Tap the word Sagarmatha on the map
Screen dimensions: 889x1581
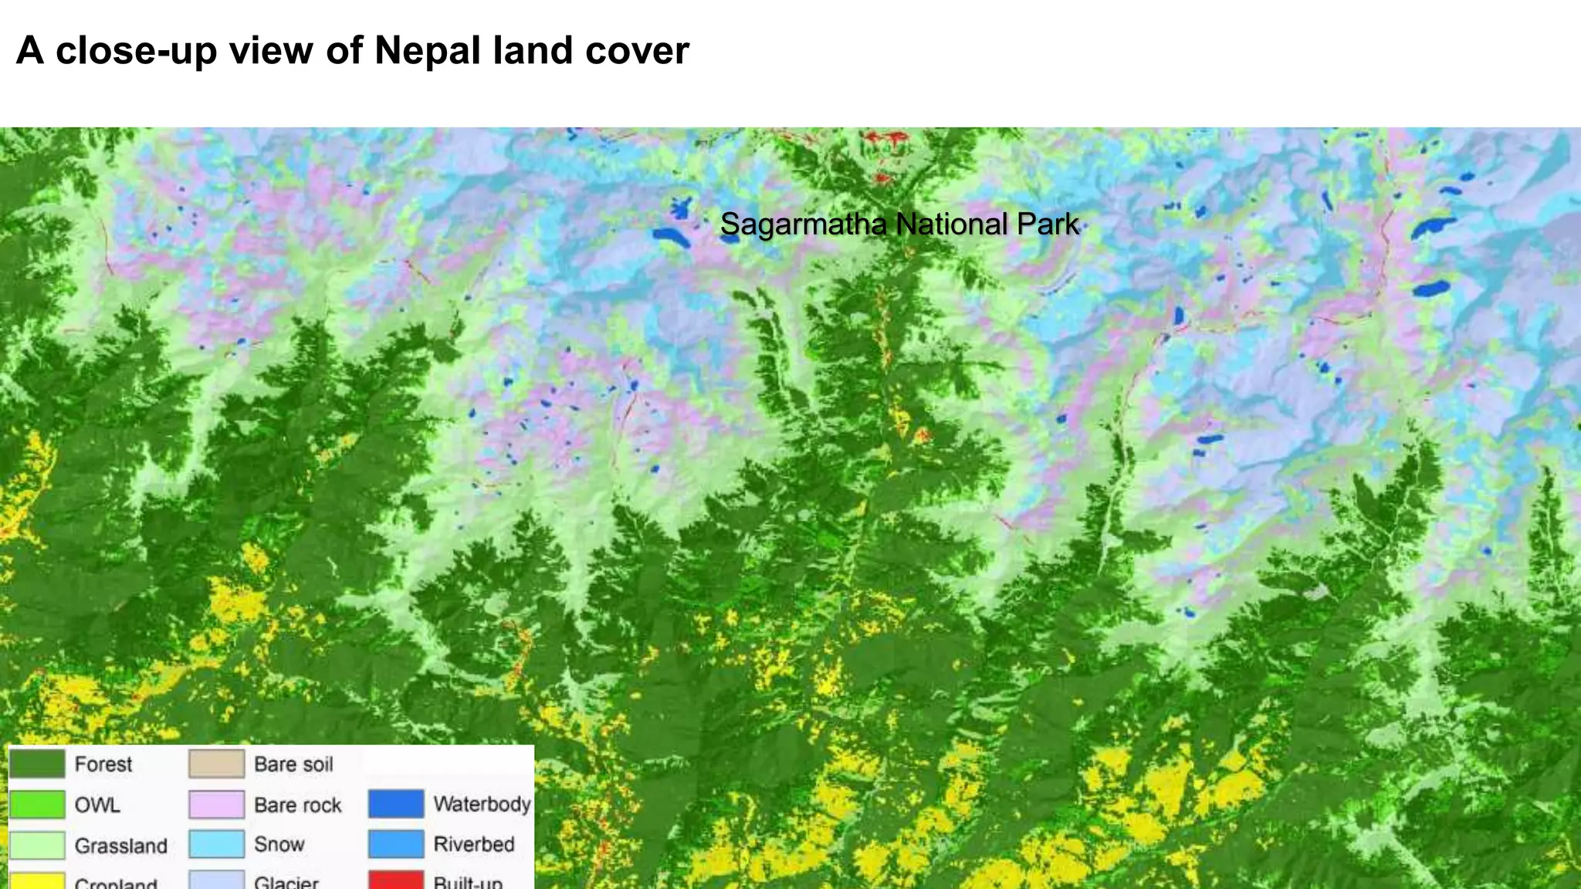point(803,225)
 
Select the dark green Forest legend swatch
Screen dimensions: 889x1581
point(37,764)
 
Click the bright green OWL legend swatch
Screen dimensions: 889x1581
point(37,805)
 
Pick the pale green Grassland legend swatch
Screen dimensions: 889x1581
point(37,845)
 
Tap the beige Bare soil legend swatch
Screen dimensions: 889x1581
point(217,764)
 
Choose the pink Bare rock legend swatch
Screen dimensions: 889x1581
point(217,805)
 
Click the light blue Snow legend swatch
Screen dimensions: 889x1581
point(217,844)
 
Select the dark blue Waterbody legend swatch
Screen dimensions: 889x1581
point(396,803)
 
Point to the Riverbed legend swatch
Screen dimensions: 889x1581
point(396,844)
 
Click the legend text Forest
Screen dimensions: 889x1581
point(103,764)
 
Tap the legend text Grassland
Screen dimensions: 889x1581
point(121,846)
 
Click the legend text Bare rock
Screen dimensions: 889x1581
point(297,805)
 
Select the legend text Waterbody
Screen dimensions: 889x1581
point(482,804)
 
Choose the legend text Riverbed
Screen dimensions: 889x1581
point(474,844)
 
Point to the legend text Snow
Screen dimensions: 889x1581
point(279,844)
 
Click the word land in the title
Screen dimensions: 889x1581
point(532,51)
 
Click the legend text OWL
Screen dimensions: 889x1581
point(97,805)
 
